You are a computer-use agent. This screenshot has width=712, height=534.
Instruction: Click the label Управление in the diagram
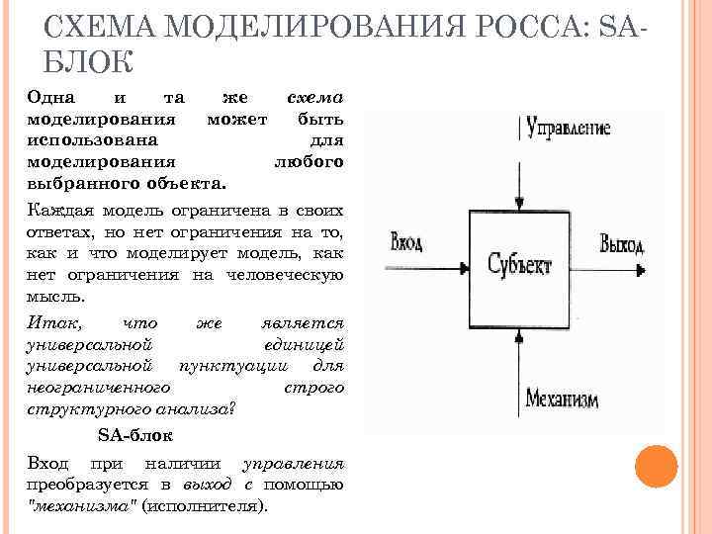tap(569, 128)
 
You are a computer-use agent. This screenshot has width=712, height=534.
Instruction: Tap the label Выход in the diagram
tap(622, 243)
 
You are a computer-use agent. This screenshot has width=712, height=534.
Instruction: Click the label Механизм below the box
tap(563, 399)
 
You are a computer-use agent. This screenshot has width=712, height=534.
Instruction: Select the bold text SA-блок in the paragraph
tap(135, 435)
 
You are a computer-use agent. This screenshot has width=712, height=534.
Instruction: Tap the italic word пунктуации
tap(224, 366)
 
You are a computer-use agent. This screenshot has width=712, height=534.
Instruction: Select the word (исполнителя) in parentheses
tap(205, 505)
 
